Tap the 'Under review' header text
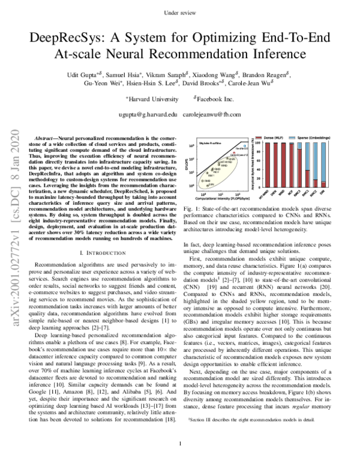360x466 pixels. [x=180, y=12]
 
